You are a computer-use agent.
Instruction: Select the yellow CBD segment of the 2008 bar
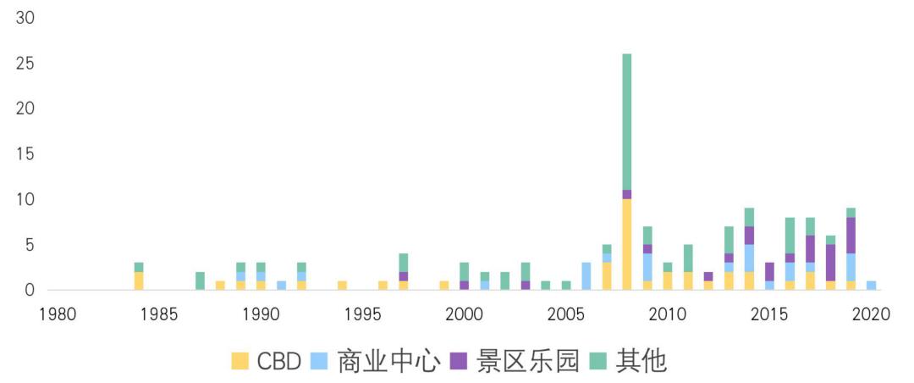pos(626,245)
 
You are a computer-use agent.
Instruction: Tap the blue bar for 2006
pos(586,276)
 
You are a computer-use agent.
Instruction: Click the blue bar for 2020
pos(871,286)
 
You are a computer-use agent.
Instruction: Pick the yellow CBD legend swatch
pos(240,362)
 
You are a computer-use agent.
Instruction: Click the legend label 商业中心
pos(388,362)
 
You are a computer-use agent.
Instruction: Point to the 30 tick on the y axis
pos(25,19)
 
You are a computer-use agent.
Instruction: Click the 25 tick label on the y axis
pos(25,64)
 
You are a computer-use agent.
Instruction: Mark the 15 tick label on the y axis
pos(25,154)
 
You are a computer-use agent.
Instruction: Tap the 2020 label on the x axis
pos(871,314)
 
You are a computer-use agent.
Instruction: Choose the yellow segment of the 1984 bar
pos(139,280)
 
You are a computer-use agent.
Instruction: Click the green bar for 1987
pos(200,280)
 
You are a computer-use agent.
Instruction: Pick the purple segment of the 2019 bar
pos(851,236)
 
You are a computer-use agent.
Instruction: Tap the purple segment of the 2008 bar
pos(626,195)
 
